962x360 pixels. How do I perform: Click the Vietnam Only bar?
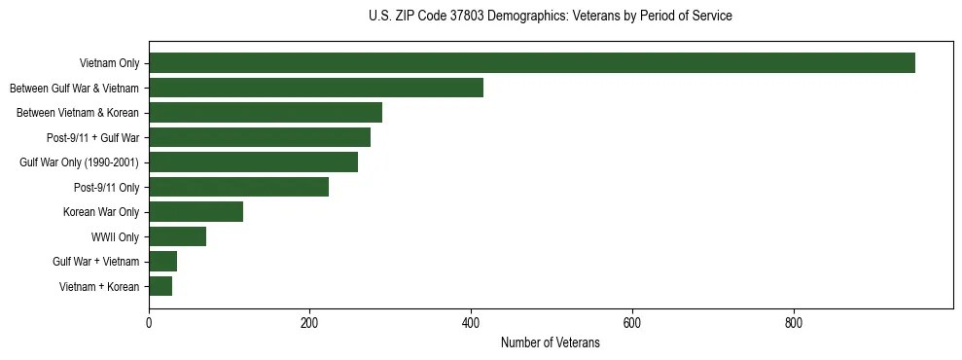click(532, 63)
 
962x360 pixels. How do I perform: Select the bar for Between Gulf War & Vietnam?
click(316, 88)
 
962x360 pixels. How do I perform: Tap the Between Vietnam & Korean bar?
click(266, 113)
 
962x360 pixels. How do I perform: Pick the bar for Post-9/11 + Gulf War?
click(260, 137)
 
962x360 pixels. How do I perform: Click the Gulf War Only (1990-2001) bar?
click(253, 162)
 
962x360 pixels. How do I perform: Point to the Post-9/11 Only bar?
click(238, 187)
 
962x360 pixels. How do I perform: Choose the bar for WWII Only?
click(177, 236)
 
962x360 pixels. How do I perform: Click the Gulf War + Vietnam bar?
click(162, 262)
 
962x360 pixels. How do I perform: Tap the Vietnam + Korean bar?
click(160, 286)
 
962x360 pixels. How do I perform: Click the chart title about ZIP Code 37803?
click(551, 17)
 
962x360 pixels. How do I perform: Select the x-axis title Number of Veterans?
click(551, 343)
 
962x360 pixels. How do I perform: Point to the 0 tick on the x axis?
click(149, 324)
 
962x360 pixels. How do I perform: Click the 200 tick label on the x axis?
click(310, 324)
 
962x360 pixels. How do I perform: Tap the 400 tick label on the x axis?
click(471, 324)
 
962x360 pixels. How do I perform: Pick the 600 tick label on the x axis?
click(632, 324)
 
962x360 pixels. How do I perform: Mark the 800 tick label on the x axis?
click(793, 324)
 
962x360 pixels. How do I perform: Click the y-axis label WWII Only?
click(115, 236)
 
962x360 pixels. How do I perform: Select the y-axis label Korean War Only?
click(101, 212)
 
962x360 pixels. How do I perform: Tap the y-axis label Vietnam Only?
click(109, 63)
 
